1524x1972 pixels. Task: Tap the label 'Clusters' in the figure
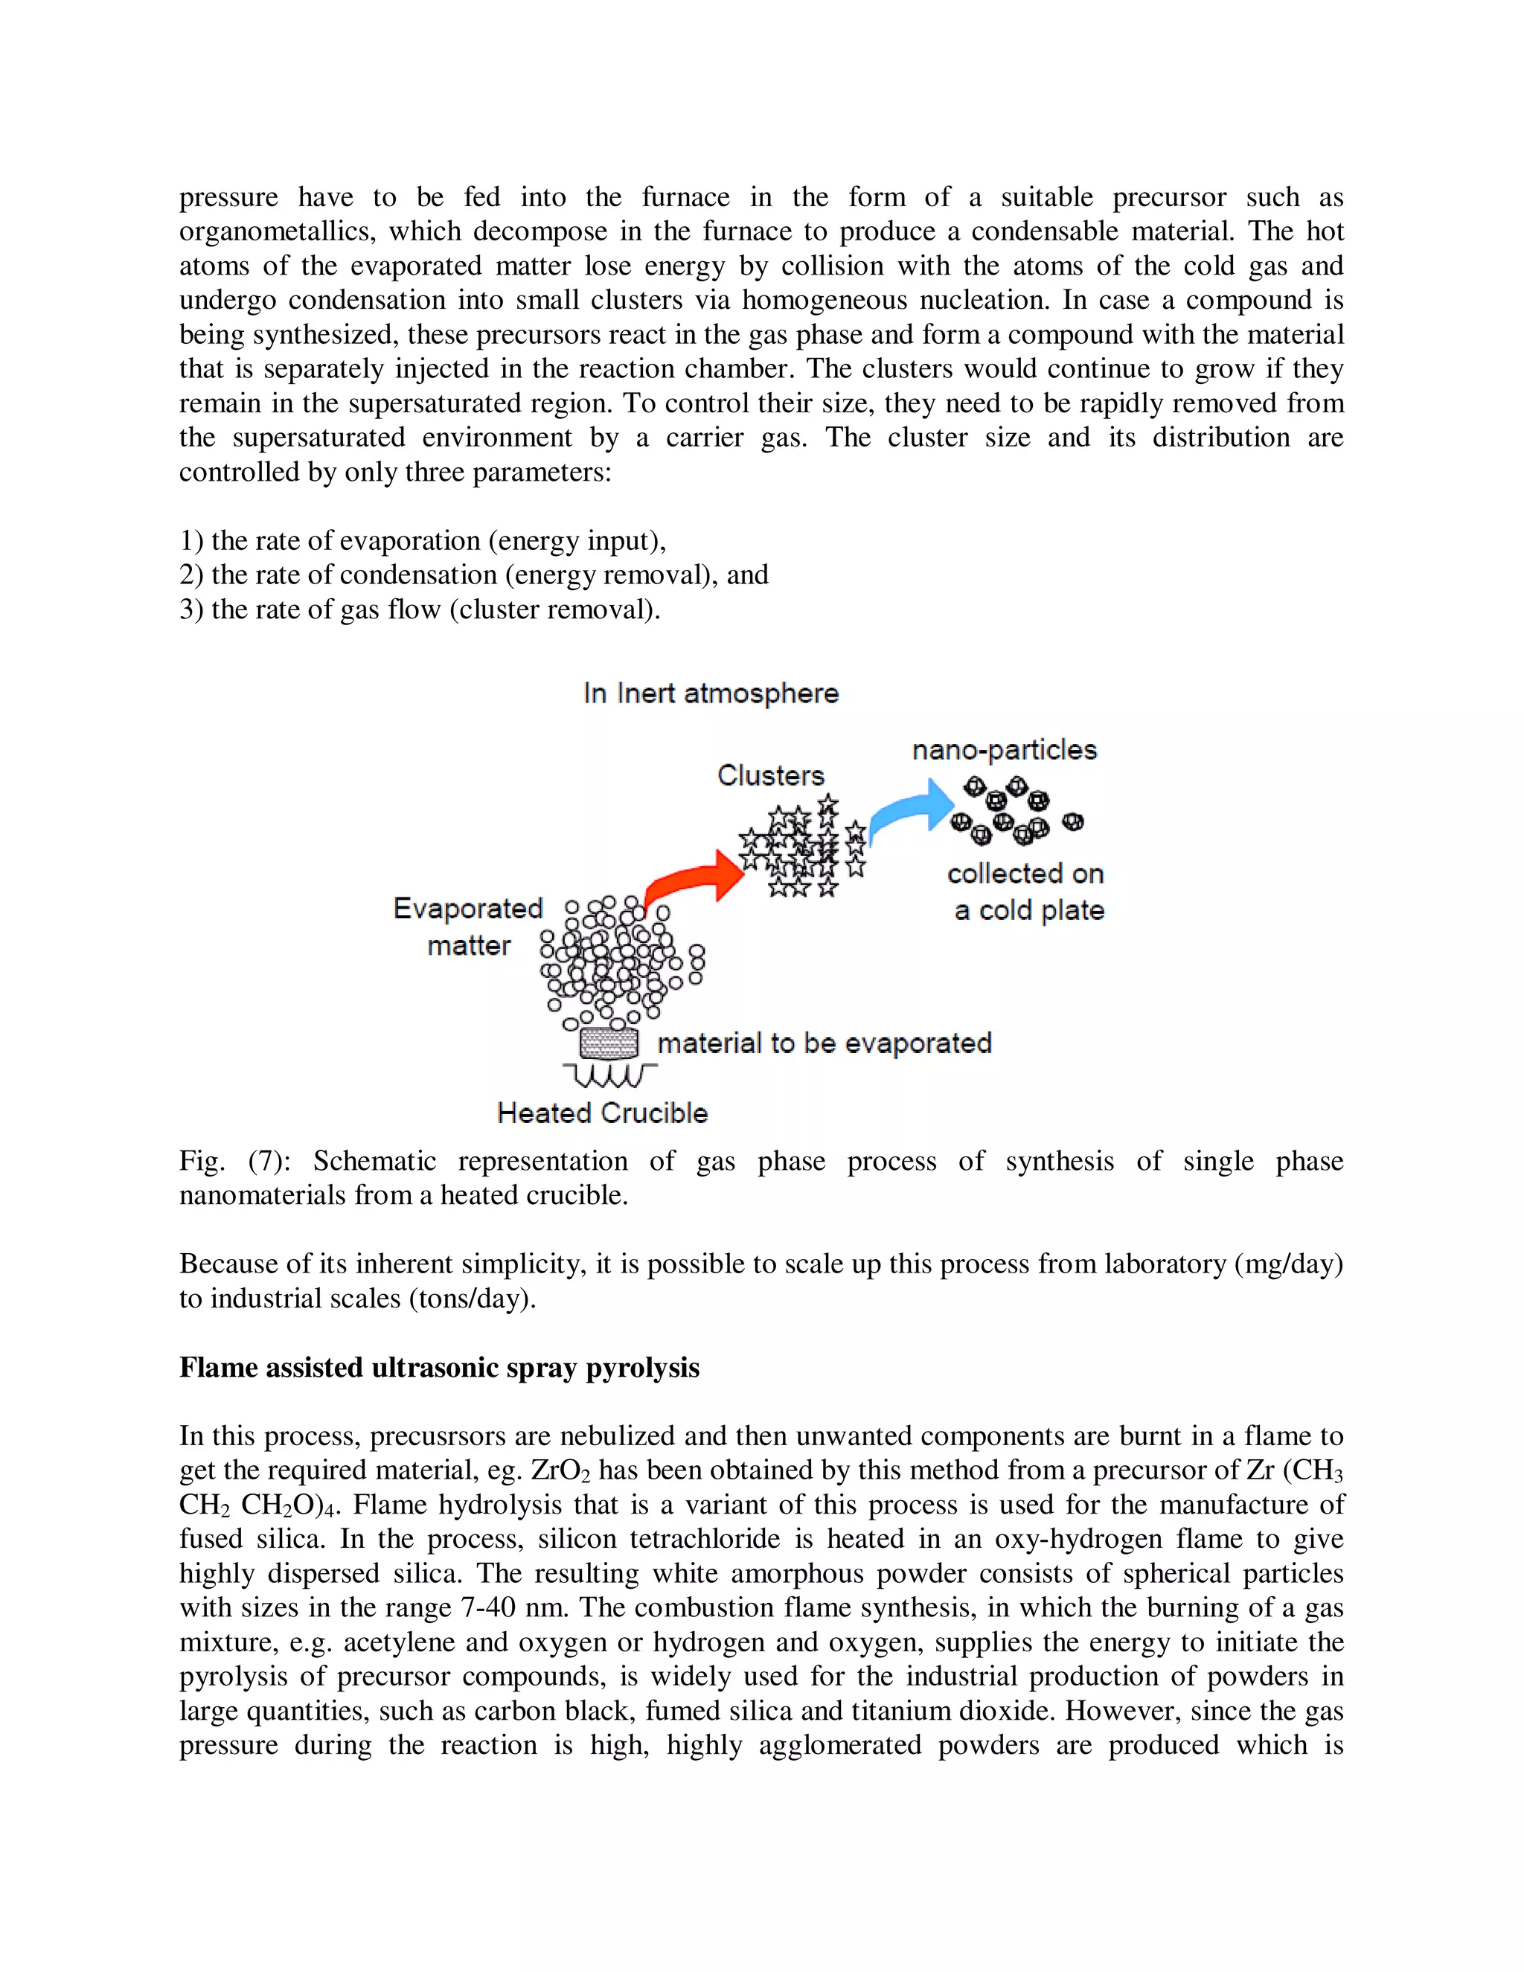click(770, 775)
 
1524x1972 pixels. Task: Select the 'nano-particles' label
click(1004, 749)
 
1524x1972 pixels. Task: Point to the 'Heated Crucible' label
click(602, 1113)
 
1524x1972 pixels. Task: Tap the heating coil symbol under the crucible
click(609, 1075)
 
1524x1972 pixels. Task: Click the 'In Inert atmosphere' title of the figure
click(711, 694)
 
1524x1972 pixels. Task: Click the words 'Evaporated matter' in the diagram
click(467, 926)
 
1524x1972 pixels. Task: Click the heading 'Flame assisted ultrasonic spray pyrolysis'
click(439, 1367)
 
